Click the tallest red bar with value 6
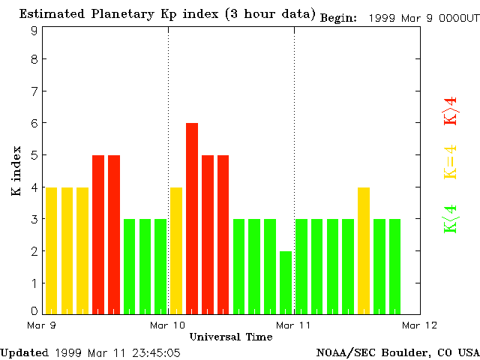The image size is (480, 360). coord(192,217)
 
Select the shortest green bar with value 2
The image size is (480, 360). coord(286,282)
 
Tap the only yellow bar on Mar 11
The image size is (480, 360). coord(364,250)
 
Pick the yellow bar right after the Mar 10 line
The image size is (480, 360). coord(176,250)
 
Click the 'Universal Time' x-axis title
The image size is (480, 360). coord(230,337)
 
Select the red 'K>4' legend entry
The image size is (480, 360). coord(450,112)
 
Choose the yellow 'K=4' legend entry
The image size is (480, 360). coord(450,162)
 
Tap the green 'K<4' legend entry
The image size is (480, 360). coord(450,218)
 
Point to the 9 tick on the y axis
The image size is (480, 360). coord(34,31)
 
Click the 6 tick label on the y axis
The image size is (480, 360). coord(34,123)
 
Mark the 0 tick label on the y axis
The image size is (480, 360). coord(34,310)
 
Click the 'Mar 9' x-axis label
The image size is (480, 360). coord(41,325)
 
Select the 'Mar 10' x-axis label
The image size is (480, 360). coord(167,325)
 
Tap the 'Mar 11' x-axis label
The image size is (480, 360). coord(293,325)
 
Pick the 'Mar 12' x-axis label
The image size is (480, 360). coord(419,325)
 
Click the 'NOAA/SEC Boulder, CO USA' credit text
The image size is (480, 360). coord(397,352)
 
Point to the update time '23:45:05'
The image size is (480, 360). coord(155,352)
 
